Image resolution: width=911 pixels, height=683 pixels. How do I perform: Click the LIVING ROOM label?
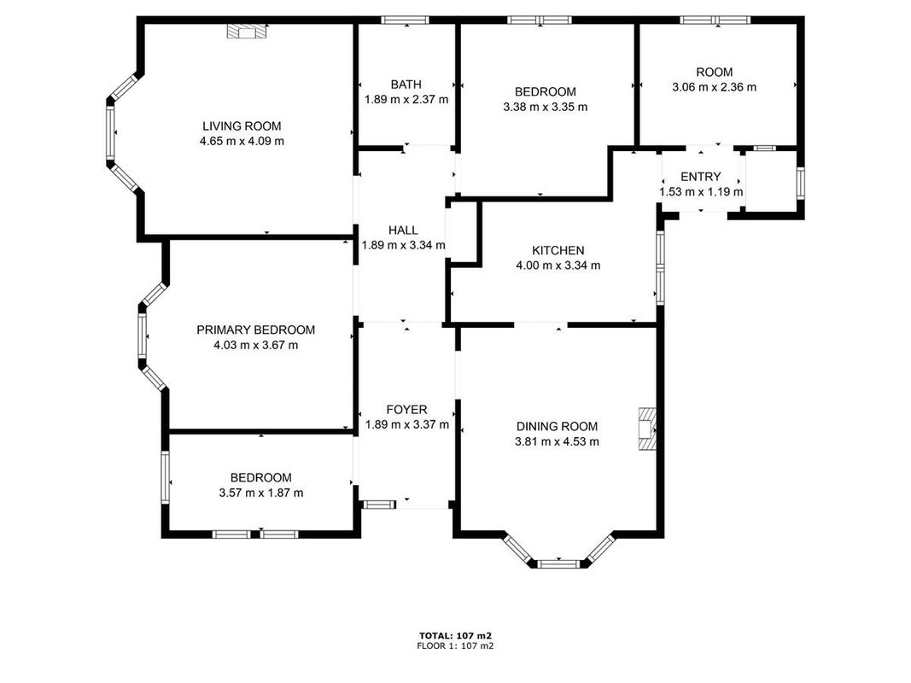coord(242,126)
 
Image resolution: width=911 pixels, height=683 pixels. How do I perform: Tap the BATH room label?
coord(406,85)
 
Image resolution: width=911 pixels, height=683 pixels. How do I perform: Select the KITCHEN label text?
coord(558,250)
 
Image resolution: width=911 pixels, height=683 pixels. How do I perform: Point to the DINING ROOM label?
coord(558,426)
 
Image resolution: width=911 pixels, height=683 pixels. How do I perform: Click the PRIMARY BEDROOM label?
coord(255,330)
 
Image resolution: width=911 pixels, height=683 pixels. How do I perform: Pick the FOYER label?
coord(406,410)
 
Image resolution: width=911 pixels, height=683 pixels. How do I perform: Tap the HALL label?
coord(403,230)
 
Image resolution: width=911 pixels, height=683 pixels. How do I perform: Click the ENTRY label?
coord(701,177)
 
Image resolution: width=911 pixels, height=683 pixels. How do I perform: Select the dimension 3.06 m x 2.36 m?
coord(715,87)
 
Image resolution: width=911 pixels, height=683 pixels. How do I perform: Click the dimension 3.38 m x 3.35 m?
coord(545,107)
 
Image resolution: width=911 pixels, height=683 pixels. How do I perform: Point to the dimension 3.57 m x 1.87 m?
coord(261,493)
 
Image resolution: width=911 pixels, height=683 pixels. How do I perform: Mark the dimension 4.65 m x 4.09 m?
coord(242,141)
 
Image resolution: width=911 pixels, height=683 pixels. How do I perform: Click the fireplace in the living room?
coord(247,32)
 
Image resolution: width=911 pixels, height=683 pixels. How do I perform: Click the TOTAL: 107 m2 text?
coord(456,636)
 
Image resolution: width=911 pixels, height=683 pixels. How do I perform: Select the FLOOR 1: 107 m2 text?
coord(456,645)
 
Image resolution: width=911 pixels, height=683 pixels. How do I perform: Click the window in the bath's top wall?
coord(406,20)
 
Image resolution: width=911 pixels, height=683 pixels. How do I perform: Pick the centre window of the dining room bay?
coord(558,563)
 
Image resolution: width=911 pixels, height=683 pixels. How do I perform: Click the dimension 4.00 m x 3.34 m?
coord(558,266)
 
